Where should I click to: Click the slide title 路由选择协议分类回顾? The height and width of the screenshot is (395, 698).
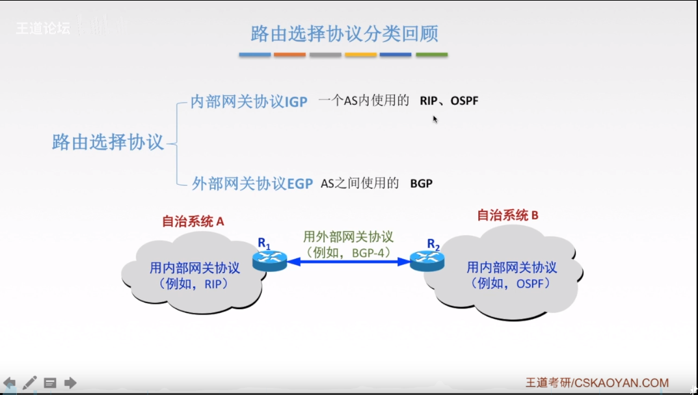click(x=344, y=33)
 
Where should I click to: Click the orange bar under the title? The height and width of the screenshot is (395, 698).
click(x=289, y=55)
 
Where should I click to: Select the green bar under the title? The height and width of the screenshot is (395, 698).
click(x=431, y=55)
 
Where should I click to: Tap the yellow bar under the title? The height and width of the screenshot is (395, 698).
click(x=360, y=55)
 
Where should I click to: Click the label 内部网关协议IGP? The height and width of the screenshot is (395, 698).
click(x=248, y=102)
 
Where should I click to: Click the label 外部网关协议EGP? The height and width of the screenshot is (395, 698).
click(x=252, y=184)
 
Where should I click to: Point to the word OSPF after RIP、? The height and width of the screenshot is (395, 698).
click(x=464, y=101)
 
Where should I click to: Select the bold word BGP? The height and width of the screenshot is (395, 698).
click(x=421, y=184)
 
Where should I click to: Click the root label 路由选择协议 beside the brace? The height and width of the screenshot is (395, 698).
click(x=107, y=142)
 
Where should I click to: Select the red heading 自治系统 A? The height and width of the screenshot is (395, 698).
click(x=193, y=221)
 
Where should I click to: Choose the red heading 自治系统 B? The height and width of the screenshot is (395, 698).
click(x=507, y=215)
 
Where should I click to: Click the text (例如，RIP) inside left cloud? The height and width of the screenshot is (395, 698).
click(x=193, y=284)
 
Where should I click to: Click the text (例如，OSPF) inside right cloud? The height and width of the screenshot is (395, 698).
click(x=511, y=284)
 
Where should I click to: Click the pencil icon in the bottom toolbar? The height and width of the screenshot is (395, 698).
click(x=29, y=383)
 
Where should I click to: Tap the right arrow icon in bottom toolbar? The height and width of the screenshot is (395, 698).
click(x=70, y=383)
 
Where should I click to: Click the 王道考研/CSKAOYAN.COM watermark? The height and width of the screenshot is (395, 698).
click(x=597, y=383)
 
